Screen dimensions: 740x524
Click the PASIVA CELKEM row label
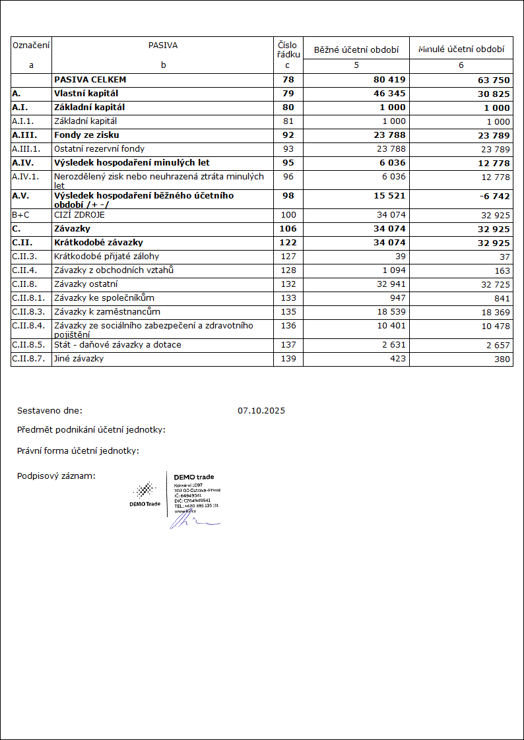pos(90,80)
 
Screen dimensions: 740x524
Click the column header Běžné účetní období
pos(356,49)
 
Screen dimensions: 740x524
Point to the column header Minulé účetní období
pos(461,49)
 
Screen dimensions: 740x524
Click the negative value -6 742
pos(492,197)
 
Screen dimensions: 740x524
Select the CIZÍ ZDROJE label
pos(79,215)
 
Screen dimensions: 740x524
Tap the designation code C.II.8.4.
pos(28,326)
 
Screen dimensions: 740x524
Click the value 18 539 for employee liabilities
pos(389,311)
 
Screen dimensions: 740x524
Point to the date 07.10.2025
pos(261,411)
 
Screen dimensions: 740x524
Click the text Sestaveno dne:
pos(49,411)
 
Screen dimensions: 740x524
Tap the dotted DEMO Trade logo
pos(145,491)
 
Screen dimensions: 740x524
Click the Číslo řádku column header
pos(288,49)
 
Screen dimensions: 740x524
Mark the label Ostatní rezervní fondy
pos(99,149)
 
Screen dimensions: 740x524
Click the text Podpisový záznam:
pos(56,476)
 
